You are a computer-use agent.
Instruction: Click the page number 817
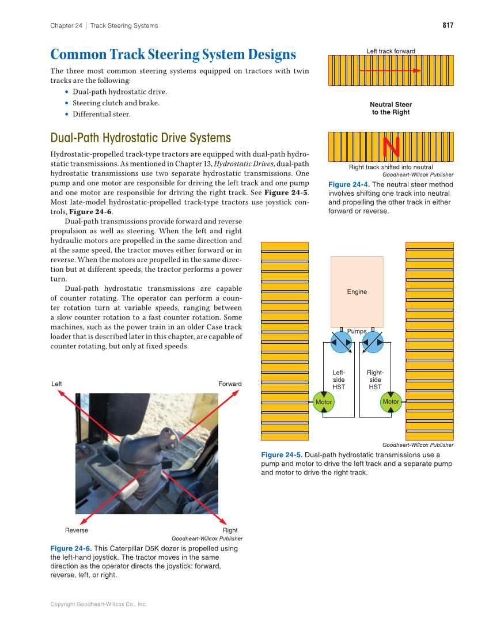click(448, 25)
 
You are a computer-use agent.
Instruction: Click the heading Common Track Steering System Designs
click(173, 55)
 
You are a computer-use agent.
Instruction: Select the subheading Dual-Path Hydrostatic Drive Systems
click(141, 138)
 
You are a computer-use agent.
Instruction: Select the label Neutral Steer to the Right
click(391, 108)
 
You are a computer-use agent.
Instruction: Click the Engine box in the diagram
click(357, 291)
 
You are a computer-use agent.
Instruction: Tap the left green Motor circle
click(324, 402)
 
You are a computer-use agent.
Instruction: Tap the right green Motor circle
click(391, 401)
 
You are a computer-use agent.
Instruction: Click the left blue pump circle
click(341, 342)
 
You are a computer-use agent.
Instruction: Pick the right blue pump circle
click(373, 342)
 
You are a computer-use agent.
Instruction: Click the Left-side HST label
click(339, 380)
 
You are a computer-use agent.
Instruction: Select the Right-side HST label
click(375, 380)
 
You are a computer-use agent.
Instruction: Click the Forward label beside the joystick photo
click(230, 384)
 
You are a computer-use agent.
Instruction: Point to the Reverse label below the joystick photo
click(77, 530)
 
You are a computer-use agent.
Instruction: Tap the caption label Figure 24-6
click(70, 549)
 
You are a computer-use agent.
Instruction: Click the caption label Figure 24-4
click(348, 185)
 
